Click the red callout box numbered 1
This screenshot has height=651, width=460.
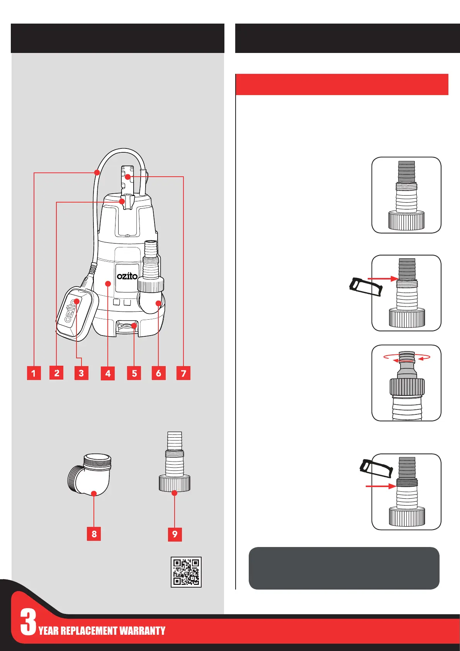(x=34, y=373)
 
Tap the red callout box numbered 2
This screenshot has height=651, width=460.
(x=56, y=373)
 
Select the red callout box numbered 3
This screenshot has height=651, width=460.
(x=81, y=373)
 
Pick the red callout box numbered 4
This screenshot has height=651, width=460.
(x=108, y=374)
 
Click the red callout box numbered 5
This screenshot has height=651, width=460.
(x=134, y=373)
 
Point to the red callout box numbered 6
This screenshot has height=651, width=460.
(x=158, y=373)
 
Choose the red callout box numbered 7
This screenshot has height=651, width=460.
(x=183, y=373)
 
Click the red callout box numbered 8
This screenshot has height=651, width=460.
(x=94, y=534)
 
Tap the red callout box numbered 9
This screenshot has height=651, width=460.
(x=175, y=534)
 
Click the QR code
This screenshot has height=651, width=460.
(x=186, y=572)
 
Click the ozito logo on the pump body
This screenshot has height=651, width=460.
(x=127, y=276)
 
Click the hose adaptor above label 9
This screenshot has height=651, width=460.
(x=175, y=462)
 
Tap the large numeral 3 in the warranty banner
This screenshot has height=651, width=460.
(x=28, y=622)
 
